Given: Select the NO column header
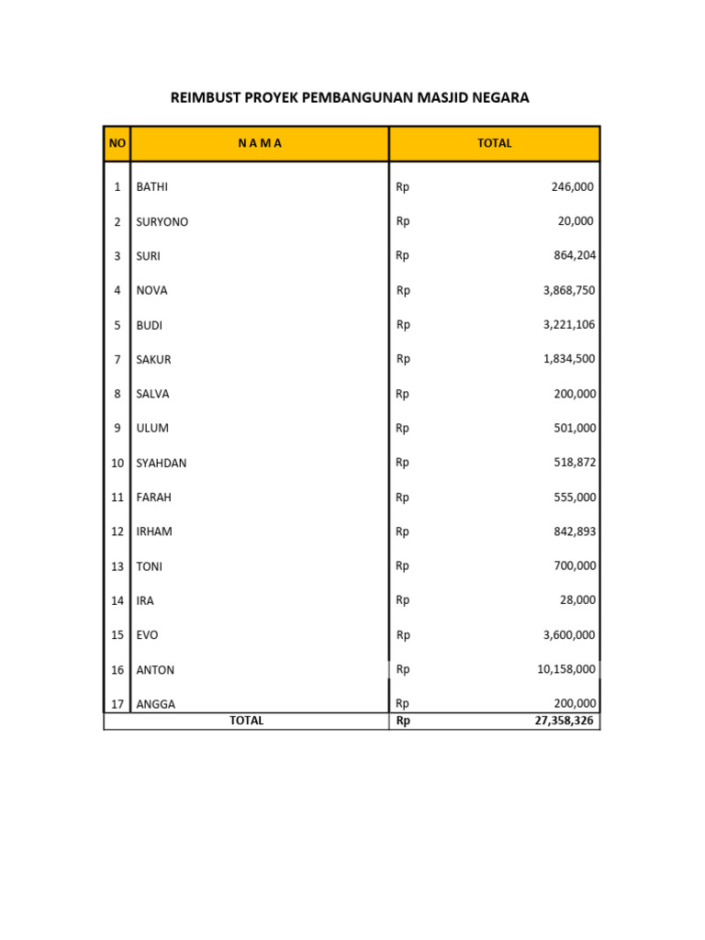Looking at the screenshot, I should pos(117,143).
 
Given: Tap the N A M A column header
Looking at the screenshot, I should pos(260,143).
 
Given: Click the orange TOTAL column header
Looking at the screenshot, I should pos(495,143).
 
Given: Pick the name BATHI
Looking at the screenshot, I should pos(152,187).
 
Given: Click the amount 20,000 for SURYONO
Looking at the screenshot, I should pos(575,221).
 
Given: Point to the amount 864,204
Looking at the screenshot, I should pos(573,256).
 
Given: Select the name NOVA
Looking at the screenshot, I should pos(151,290).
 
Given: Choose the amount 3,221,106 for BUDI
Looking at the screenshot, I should pos(569,325).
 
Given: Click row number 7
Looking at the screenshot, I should pos(117,360).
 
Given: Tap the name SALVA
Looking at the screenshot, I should pos(152,394).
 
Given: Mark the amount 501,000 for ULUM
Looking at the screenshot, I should pos(573,428).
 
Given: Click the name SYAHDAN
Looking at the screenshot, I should pos(162,463).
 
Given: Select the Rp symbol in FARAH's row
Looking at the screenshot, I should pos(403,497).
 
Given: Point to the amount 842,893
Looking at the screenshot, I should pos(573,532).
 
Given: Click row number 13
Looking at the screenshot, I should pos(117,566).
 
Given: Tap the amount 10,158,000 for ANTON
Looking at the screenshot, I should pos(566,670).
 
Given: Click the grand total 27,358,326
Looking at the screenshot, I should pos(565,722).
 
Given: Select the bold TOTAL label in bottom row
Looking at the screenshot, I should pos(246,722).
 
